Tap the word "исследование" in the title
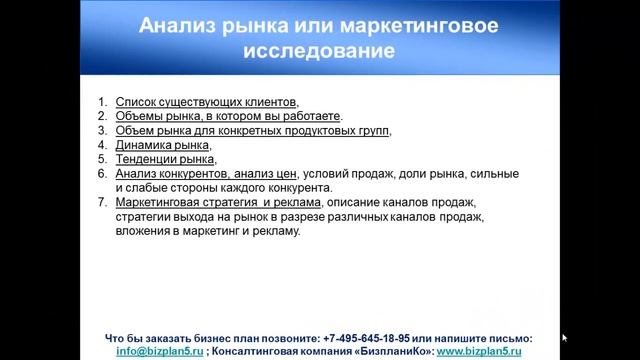pos(320,48)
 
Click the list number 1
pos(103,102)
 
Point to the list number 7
pos(103,203)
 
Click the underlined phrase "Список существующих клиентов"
pos(206,102)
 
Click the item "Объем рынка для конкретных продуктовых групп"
pos(252,131)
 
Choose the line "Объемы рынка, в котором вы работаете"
pos(228,116)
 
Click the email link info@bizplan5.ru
pos(160,352)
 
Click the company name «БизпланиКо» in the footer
pos(392,352)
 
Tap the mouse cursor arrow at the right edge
pos(565,338)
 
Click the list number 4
pos(103,145)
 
